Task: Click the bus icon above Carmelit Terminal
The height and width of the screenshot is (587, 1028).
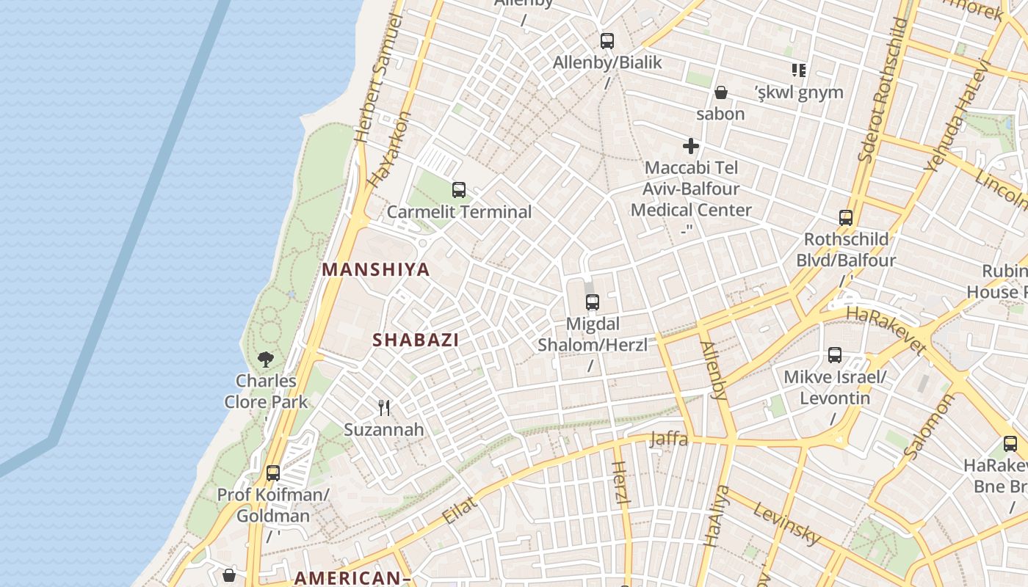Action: click(x=459, y=190)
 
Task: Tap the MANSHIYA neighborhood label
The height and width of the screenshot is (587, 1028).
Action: click(x=376, y=269)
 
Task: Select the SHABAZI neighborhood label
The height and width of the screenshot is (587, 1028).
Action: click(x=416, y=340)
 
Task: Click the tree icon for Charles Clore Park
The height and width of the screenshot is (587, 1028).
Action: click(x=266, y=360)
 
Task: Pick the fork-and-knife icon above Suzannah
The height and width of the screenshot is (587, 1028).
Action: click(x=384, y=408)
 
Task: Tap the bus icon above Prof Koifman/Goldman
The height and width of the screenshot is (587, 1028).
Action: click(x=273, y=473)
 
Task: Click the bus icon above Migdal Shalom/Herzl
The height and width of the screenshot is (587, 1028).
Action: click(x=593, y=302)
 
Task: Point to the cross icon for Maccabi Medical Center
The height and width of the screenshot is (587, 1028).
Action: click(x=691, y=146)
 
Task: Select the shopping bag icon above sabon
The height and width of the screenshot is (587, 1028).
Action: click(x=721, y=92)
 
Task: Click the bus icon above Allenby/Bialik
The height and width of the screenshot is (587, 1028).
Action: click(x=607, y=41)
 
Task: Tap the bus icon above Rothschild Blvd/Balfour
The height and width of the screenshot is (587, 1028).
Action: click(x=846, y=218)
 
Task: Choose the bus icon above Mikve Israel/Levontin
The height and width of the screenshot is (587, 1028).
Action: click(x=835, y=355)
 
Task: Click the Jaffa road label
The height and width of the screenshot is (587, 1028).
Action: click(x=669, y=440)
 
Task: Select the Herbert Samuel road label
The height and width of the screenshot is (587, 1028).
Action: click(x=379, y=78)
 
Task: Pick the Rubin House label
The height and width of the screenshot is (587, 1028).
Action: click(x=997, y=281)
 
